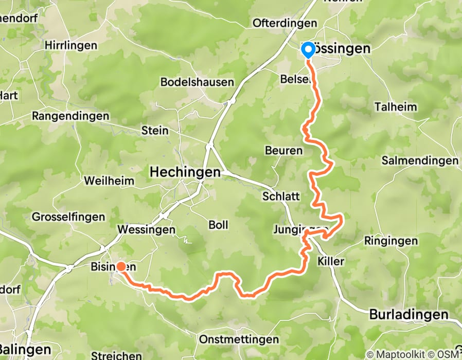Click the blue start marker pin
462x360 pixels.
[x=308, y=50]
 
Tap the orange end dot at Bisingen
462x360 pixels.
[x=120, y=266]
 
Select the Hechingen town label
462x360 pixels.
[x=185, y=173]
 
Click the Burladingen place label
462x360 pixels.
[x=408, y=314]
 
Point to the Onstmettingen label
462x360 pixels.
[x=239, y=340]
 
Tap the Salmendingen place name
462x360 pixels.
[x=420, y=160]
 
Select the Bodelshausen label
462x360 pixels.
[x=197, y=82]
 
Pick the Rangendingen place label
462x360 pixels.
[x=70, y=116]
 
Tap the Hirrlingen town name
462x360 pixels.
[x=70, y=45]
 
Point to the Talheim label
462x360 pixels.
[x=396, y=107]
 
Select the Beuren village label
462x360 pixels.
[x=283, y=151]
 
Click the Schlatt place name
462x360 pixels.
[x=280, y=196]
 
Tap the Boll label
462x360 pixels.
[x=218, y=225]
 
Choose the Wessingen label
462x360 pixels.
[x=146, y=229]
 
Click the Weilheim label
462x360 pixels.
[x=109, y=181]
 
